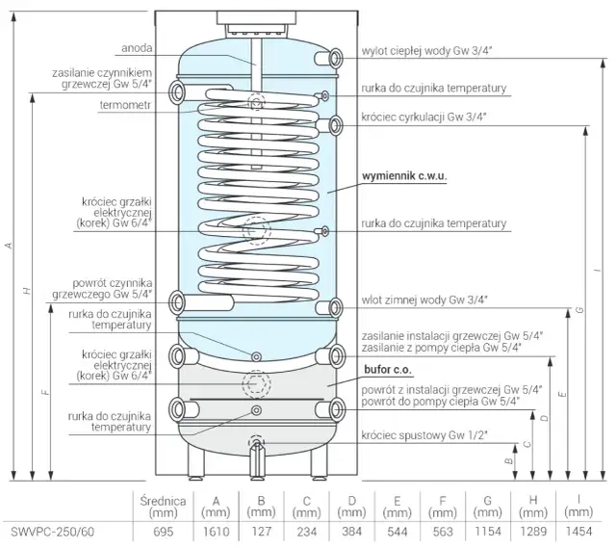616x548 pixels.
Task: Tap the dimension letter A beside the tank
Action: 9,246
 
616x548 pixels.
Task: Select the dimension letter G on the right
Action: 579,309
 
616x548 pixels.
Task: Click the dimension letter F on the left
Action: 47,393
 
